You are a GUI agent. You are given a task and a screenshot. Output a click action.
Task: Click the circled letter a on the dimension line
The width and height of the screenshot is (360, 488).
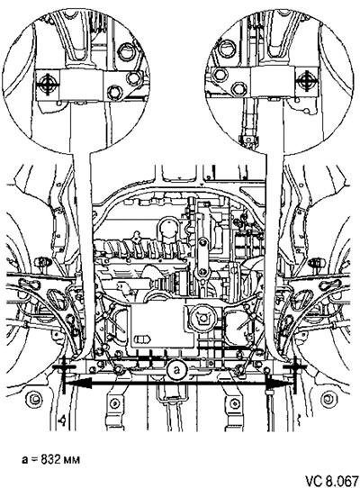pos(177,370)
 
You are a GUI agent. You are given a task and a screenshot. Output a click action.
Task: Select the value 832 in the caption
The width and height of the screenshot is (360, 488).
pos(51,459)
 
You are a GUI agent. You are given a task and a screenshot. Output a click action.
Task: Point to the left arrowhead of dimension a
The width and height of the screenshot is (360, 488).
pos(77,384)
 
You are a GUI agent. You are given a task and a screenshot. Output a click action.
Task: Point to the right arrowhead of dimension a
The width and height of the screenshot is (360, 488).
pos(278,384)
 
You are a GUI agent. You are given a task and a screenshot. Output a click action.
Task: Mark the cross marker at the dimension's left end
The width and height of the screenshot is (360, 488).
pos(64,368)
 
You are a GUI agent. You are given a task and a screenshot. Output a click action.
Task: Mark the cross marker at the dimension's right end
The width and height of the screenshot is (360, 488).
pos(294,368)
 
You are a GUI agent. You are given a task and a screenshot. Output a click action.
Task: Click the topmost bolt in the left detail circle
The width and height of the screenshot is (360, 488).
pos(127,52)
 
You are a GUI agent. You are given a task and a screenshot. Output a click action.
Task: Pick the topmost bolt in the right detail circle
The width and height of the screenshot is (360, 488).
pos(228,50)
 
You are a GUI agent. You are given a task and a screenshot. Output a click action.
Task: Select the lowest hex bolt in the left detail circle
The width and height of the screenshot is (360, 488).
pos(114,92)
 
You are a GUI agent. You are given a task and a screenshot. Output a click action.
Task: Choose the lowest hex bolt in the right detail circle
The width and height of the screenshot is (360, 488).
pos(239,89)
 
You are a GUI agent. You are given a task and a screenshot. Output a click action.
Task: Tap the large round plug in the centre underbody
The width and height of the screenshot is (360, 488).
pos(202,318)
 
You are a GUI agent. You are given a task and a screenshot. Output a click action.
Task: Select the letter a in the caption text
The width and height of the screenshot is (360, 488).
pos(24,460)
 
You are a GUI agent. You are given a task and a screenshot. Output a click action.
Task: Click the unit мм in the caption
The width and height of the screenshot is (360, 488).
pos(71,460)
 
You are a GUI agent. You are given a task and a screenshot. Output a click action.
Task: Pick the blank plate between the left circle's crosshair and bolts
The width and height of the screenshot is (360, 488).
pos(81,85)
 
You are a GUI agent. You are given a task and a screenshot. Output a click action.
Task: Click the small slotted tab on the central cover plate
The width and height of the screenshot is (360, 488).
pos(143,339)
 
